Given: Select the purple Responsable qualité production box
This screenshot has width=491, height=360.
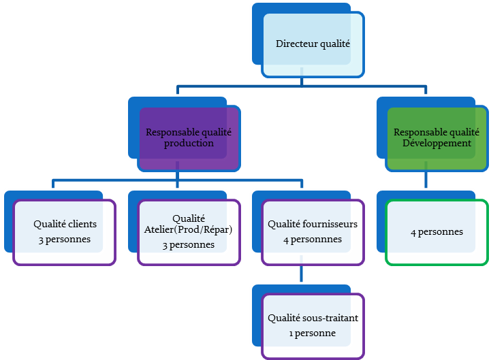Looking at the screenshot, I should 189,138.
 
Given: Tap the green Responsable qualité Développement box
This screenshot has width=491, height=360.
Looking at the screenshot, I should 437,138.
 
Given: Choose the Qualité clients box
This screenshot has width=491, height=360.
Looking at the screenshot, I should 64,232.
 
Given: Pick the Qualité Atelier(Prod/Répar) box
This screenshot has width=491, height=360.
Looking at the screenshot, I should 189,232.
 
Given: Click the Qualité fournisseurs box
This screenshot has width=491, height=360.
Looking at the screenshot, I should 313,232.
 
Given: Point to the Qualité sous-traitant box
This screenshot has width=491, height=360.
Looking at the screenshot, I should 313,325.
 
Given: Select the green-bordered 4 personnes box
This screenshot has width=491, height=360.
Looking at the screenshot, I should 437,232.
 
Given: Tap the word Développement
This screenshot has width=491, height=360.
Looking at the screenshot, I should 437,144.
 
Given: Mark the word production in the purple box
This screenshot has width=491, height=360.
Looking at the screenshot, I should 189,144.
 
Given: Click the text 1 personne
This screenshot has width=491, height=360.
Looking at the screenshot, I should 312,333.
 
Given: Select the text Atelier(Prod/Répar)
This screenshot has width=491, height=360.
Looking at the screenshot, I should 189,229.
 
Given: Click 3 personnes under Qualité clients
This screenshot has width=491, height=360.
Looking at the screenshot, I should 65,240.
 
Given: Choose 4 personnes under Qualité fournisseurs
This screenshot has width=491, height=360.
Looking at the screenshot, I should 313,240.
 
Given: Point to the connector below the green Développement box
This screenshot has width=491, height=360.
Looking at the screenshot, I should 426,181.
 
